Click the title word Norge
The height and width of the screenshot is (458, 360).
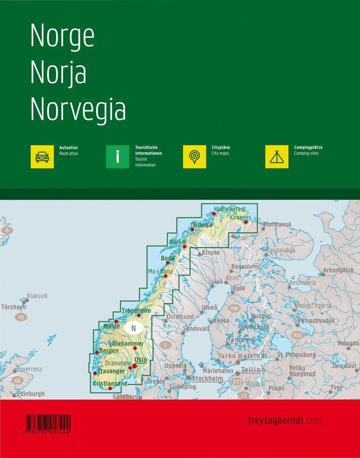tap(62, 36)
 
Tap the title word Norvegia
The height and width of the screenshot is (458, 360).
tap(78, 109)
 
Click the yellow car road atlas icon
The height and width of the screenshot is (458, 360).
tap(42, 157)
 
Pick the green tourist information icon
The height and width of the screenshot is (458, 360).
tap(117, 157)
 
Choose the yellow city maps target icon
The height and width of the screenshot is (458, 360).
tap(194, 157)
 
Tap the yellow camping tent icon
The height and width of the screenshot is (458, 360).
tap(277, 157)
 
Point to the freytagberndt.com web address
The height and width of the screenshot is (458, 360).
tap(284, 420)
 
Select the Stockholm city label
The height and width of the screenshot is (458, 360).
tap(208, 378)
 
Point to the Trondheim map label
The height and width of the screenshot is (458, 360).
tap(136, 310)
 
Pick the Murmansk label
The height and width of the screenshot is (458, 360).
tap(278, 224)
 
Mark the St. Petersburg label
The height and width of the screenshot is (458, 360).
tap(296, 355)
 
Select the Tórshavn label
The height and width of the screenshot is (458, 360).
tap(13, 307)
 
